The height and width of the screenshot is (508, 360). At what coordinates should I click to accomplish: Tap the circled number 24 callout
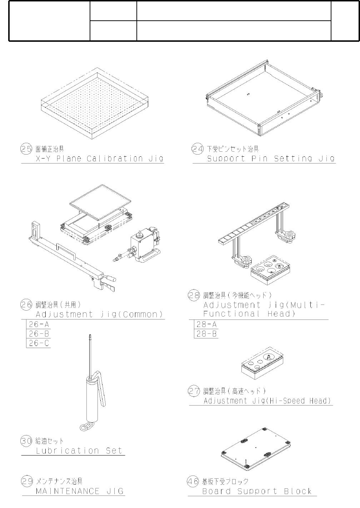[x=197, y=149]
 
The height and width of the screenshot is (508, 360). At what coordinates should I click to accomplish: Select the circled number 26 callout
[x=26, y=305]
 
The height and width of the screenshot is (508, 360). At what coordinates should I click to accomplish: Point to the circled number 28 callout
[x=194, y=295]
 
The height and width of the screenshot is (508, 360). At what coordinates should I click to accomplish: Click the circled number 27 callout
[x=194, y=391]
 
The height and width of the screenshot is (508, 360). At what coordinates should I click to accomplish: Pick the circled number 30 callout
[x=26, y=441]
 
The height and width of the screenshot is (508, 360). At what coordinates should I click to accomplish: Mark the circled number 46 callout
[x=193, y=481]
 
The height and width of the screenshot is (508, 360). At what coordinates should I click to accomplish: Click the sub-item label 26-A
[x=39, y=325]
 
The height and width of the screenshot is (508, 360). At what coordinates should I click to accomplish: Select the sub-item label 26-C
[x=39, y=343]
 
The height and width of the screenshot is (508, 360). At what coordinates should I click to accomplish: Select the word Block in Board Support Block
[x=298, y=491]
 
